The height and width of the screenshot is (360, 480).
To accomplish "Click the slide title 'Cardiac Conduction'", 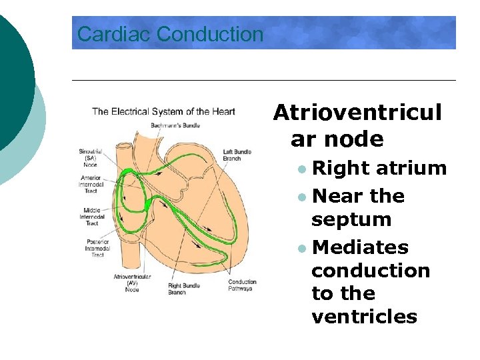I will click(170, 34).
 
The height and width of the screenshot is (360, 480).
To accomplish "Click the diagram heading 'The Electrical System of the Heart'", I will click(163, 111).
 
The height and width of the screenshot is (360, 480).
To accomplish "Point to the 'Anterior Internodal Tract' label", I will click(91, 185).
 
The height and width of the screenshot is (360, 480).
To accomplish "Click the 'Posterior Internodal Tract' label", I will click(98, 248).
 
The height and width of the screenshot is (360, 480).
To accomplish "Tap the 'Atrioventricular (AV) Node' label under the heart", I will click(132, 283).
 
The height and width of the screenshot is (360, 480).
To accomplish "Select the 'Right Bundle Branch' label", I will click(183, 289).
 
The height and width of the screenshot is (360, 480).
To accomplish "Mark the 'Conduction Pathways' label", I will click(242, 285).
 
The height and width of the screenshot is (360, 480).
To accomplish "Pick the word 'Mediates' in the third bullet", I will click(360, 247).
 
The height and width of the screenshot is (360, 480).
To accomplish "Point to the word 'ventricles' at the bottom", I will click(364, 316).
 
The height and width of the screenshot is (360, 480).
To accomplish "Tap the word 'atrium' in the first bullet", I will click(411, 168).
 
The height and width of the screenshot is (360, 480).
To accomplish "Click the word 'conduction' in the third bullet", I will click(371, 270).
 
